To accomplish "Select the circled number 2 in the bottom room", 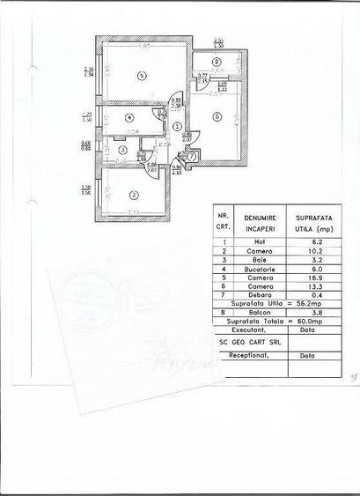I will (134, 195).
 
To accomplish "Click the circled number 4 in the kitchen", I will (129, 116).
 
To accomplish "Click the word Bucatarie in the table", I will (261, 272).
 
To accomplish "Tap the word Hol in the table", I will (261, 241).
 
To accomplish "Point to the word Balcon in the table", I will (261, 324).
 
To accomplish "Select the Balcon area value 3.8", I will (312, 324).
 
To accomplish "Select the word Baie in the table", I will (261, 262).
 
